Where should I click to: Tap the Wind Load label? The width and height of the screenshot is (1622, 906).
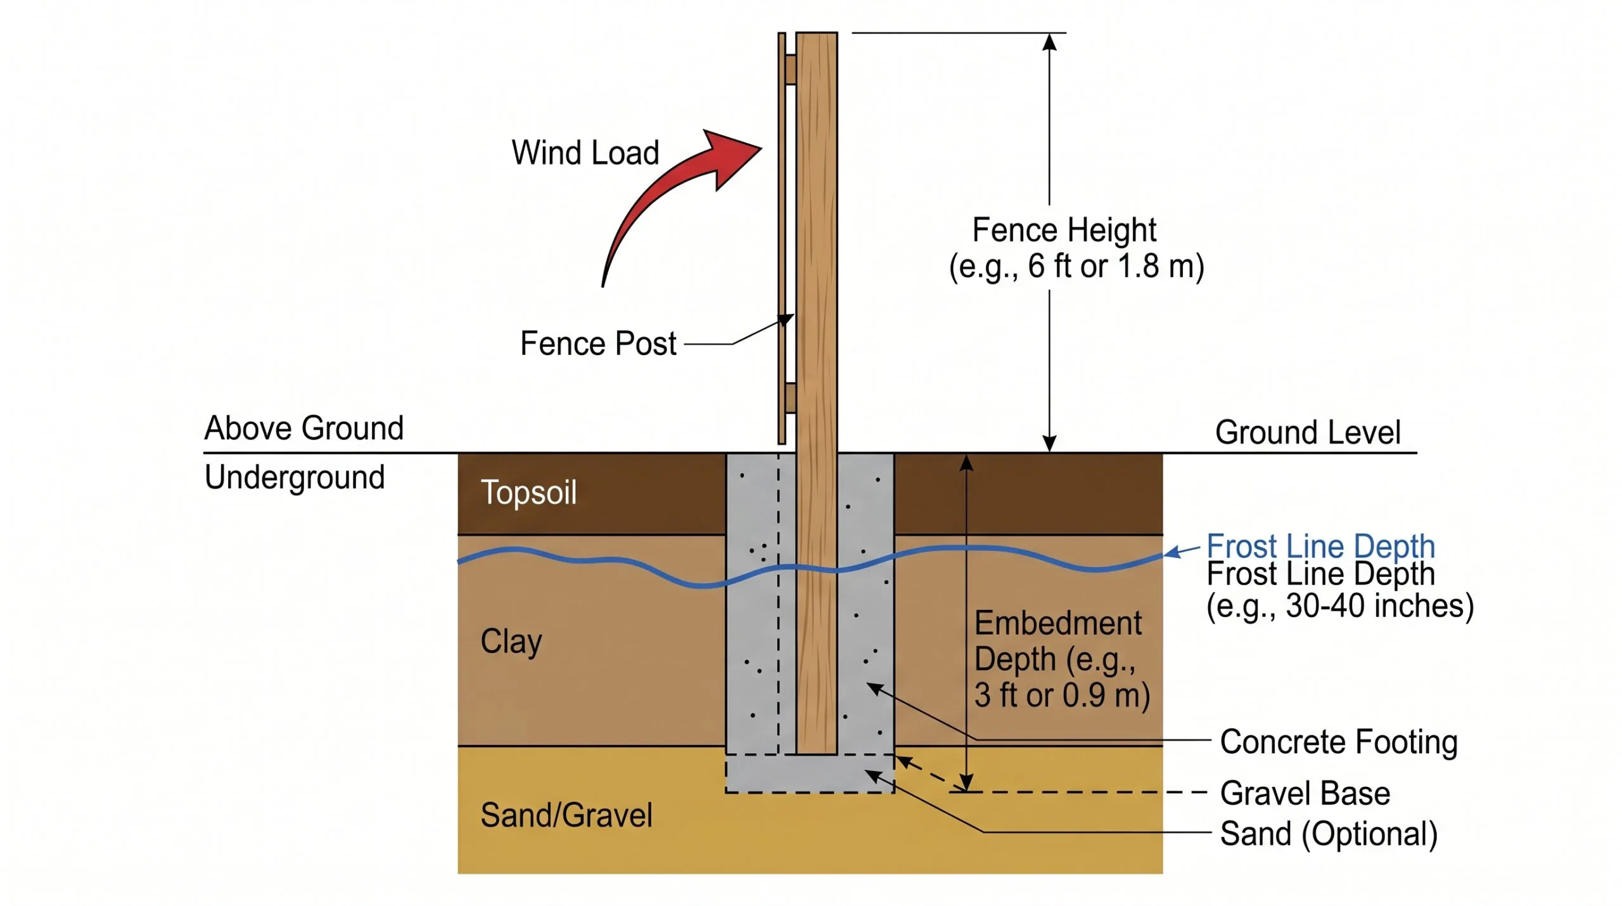pyautogui.click(x=585, y=153)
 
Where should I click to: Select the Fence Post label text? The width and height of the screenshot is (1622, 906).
pyautogui.click(x=598, y=344)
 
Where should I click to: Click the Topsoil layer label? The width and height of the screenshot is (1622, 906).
pyautogui.click(x=529, y=493)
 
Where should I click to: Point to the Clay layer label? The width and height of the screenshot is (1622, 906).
pyautogui.click(x=511, y=642)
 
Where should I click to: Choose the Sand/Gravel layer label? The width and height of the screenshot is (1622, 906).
pyautogui.click(x=566, y=815)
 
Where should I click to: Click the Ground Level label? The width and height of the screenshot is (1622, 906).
pyautogui.click(x=1308, y=432)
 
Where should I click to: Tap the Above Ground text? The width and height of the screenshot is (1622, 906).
pyautogui.click(x=304, y=428)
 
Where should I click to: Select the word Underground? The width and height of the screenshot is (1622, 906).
pyautogui.click(x=295, y=477)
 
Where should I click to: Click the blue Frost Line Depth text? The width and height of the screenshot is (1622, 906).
pyautogui.click(x=1321, y=546)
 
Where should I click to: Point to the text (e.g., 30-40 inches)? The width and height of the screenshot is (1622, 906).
pyautogui.click(x=1340, y=606)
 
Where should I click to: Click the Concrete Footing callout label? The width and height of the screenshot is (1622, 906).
pyautogui.click(x=1339, y=742)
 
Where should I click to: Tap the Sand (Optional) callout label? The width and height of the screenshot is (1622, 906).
pyautogui.click(x=1329, y=834)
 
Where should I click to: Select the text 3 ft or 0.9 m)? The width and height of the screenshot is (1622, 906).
pyautogui.click(x=1063, y=696)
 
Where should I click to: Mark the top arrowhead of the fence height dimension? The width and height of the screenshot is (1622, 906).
pyautogui.click(x=1050, y=41)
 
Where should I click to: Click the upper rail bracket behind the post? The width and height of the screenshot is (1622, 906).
pyautogui.click(x=790, y=69)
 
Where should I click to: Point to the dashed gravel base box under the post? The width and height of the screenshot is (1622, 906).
pyautogui.click(x=810, y=773)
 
